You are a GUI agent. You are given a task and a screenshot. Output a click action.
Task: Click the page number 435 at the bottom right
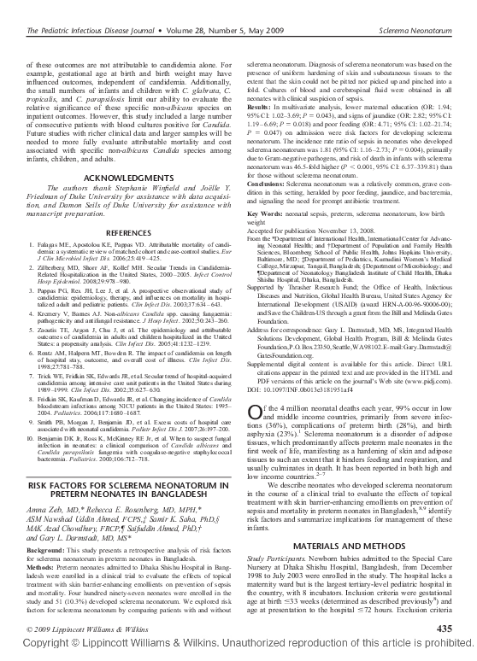(444, 629)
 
